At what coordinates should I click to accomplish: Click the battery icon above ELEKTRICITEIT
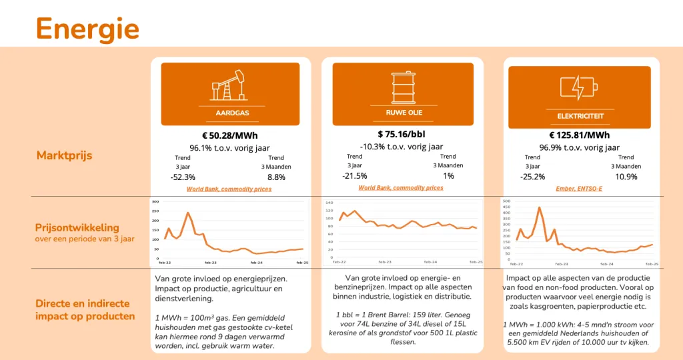coord(578,88)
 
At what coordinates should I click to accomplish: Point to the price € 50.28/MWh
coord(230,135)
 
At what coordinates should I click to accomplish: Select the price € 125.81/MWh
coord(579,135)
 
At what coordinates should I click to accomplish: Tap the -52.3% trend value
coord(183,177)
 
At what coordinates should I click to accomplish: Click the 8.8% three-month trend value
coord(275,177)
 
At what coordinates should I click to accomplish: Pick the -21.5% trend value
coord(354,175)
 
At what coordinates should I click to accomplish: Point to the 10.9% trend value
coord(626,177)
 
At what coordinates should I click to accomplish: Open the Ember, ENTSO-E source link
coord(579,189)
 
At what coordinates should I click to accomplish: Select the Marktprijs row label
coord(64,155)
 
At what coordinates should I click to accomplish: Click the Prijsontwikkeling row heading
coord(77,227)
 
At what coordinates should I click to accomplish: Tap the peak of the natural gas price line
coord(188,213)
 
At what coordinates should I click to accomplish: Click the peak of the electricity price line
coord(539,207)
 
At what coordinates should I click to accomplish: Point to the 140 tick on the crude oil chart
coord(328,202)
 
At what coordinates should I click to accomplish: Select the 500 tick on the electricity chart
coord(505,201)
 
